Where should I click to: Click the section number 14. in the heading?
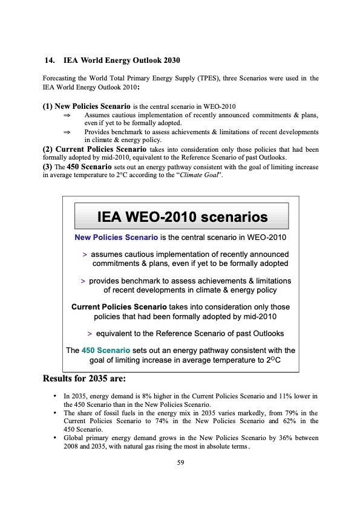[x=50, y=60]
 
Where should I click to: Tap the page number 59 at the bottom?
[x=180, y=463]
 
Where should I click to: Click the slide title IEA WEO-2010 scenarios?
[x=180, y=216]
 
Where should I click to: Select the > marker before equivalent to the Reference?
[x=90, y=334]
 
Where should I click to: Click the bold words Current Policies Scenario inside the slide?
[x=119, y=308]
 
